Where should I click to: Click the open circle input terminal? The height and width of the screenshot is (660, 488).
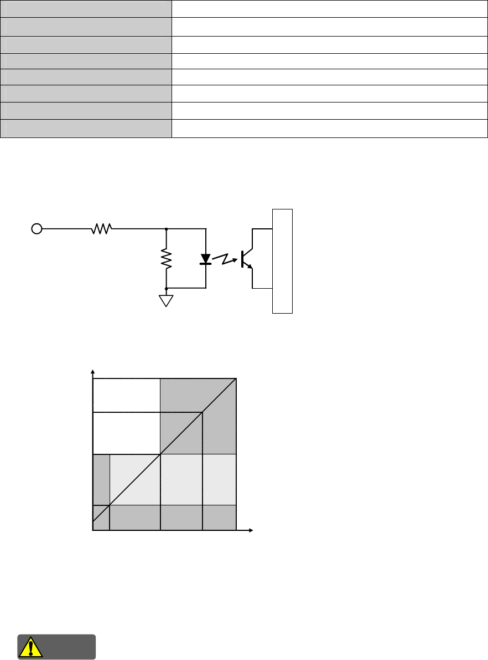37,228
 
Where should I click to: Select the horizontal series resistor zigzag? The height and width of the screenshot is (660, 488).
102,228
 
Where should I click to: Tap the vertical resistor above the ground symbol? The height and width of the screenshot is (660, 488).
167,258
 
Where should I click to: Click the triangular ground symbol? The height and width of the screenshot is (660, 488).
167,300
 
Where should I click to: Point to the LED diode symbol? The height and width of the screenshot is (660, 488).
206,259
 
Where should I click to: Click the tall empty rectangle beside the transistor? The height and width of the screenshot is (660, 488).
282,261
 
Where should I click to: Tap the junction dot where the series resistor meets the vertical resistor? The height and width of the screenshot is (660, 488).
167,228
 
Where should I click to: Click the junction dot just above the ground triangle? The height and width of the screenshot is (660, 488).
167,289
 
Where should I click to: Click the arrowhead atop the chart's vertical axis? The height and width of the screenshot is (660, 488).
93,371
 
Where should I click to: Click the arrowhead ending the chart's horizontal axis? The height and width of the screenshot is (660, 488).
250,531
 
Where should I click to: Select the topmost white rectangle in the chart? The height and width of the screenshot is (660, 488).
126,395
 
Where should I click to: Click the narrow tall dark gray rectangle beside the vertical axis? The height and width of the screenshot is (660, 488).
101,479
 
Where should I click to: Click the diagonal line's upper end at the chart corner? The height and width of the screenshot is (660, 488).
236,379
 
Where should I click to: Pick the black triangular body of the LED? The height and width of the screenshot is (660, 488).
206,258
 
